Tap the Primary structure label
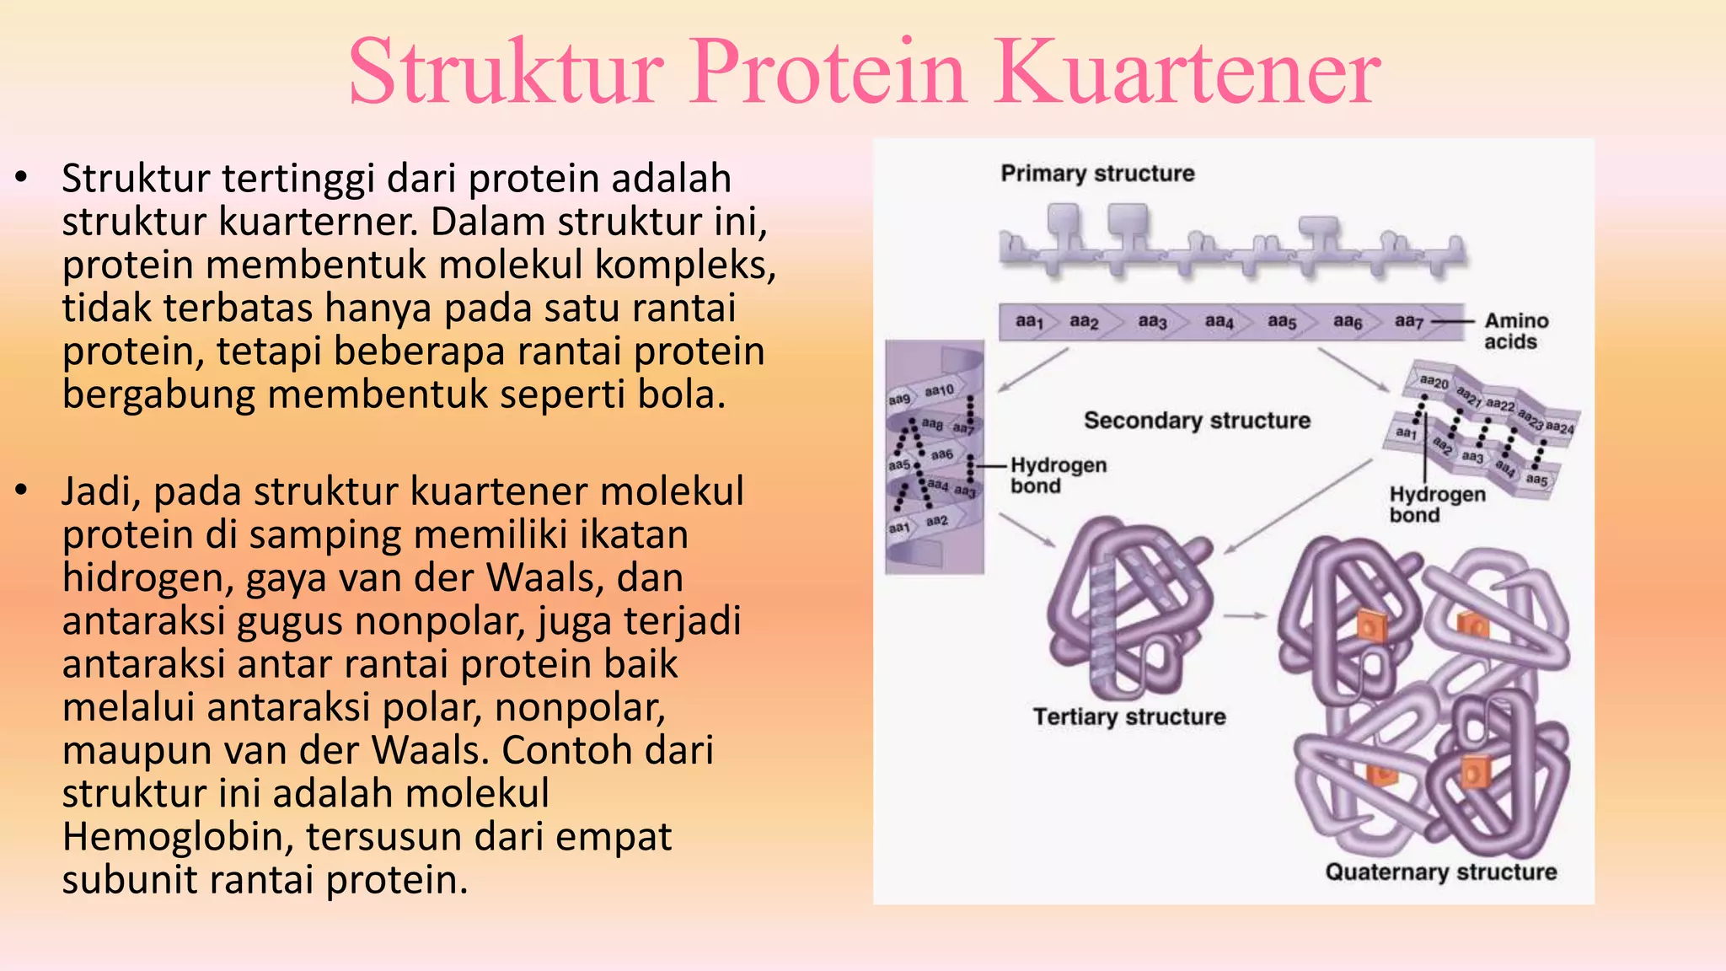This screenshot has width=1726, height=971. tap(1097, 174)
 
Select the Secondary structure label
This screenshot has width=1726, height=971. tap(1197, 421)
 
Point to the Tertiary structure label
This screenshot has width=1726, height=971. tap(1129, 716)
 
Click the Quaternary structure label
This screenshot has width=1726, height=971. tap(1440, 872)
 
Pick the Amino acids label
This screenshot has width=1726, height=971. tap(1515, 331)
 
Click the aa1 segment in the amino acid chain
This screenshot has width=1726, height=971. tap(1029, 321)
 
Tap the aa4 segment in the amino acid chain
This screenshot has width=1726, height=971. tap(1219, 321)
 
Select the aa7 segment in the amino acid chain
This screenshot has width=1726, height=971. tap(1408, 321)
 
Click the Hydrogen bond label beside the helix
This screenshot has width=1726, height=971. tap(1058, 475)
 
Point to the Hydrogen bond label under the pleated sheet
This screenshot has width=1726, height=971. tap(1436, 504)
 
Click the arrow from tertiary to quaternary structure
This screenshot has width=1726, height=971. tap(1245, 616)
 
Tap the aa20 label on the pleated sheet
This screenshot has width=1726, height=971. tap(1434, 383)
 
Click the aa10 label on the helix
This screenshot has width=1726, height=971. tap(939, 390)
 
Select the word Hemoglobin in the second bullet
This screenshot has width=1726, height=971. tap(177, 837)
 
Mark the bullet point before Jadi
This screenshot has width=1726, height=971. tap(22, 490)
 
